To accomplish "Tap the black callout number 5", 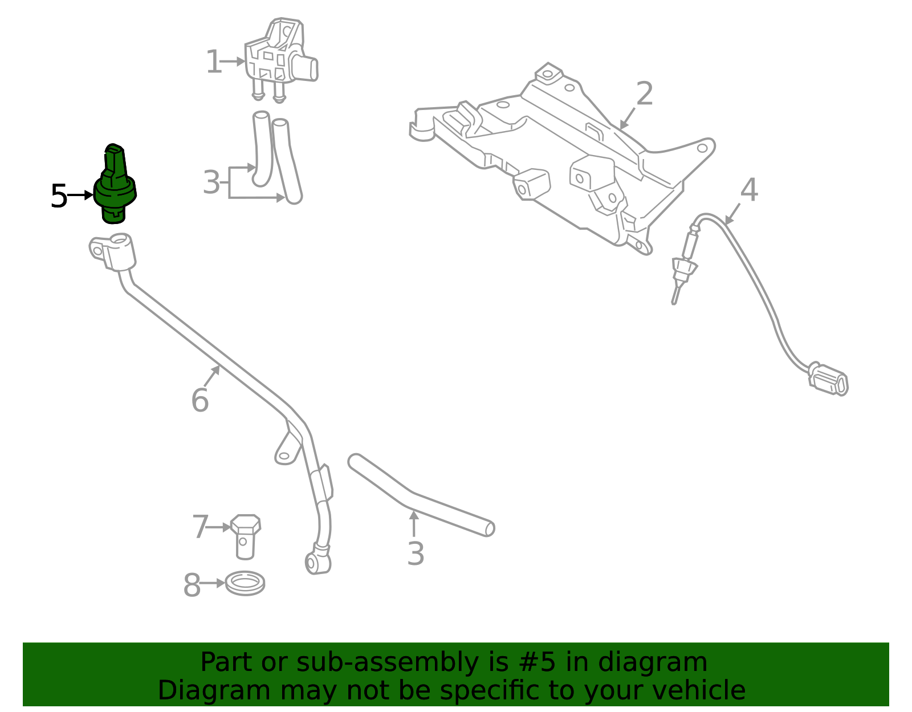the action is tap(59, 196).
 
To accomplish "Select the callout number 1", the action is tap(213, 62).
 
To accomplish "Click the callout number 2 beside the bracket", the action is tap(644, 94).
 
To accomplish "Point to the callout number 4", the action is tap(748, 190).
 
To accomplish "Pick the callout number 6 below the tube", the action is tap(199, 400).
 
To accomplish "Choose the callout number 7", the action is tap(200, 527).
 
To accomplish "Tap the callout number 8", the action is tap(192, 585).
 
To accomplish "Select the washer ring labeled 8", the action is tap(245, 583).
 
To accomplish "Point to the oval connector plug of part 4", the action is tap(829, 380).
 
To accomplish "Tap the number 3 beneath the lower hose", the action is tap(416, 554).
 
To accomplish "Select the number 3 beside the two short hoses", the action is tap(211, 183).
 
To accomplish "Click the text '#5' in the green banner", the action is tap(535, 662).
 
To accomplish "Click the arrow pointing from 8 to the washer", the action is tap(214, 583).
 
